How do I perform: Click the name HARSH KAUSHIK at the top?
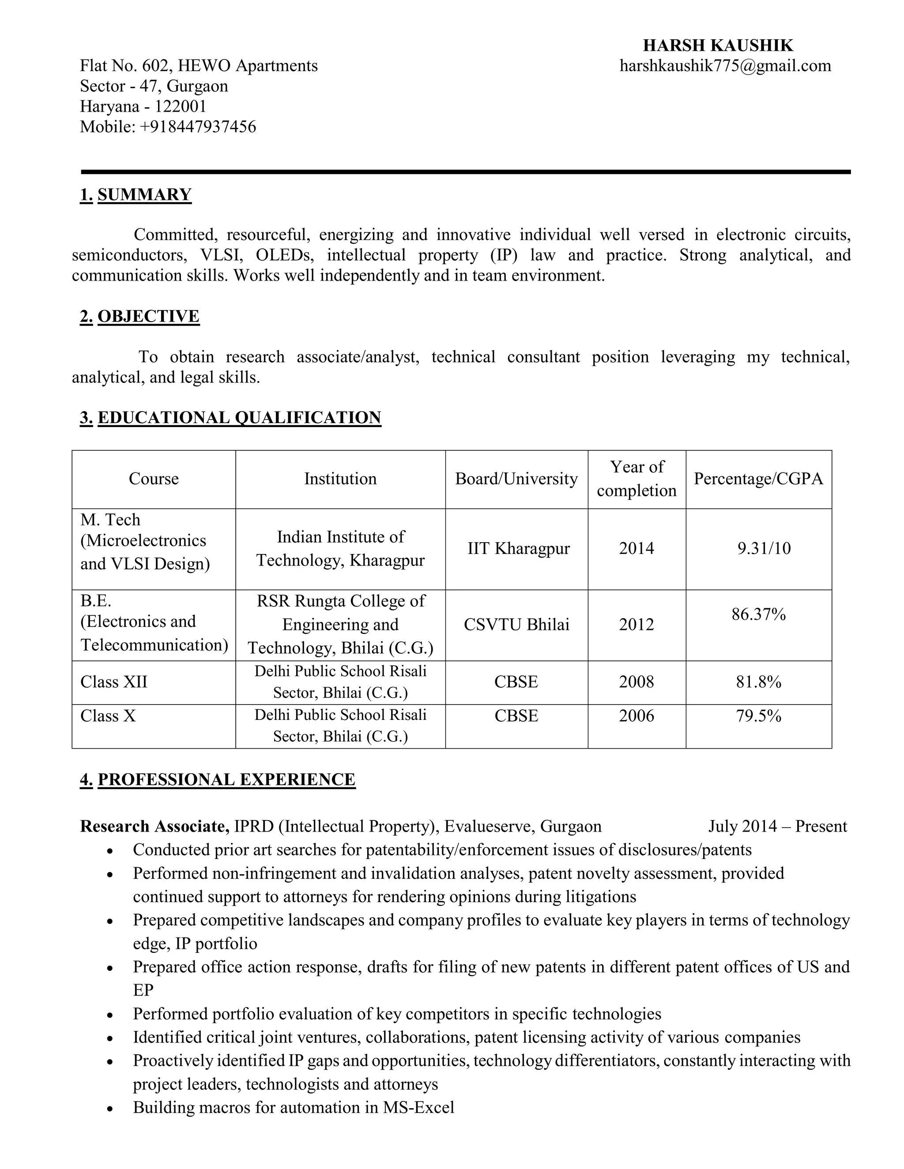(718, 45)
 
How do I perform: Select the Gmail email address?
(725, 66)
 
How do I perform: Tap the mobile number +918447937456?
(198, 127)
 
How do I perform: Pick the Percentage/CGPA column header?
(758, 479)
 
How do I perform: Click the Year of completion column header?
(637, 479)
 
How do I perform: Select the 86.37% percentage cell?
(758, 614)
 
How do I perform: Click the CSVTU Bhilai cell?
(516, 625)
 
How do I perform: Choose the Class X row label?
(108, 716)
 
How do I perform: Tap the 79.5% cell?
(758, 716)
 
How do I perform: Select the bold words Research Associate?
(154, 826)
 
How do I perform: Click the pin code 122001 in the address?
(181, 106)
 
